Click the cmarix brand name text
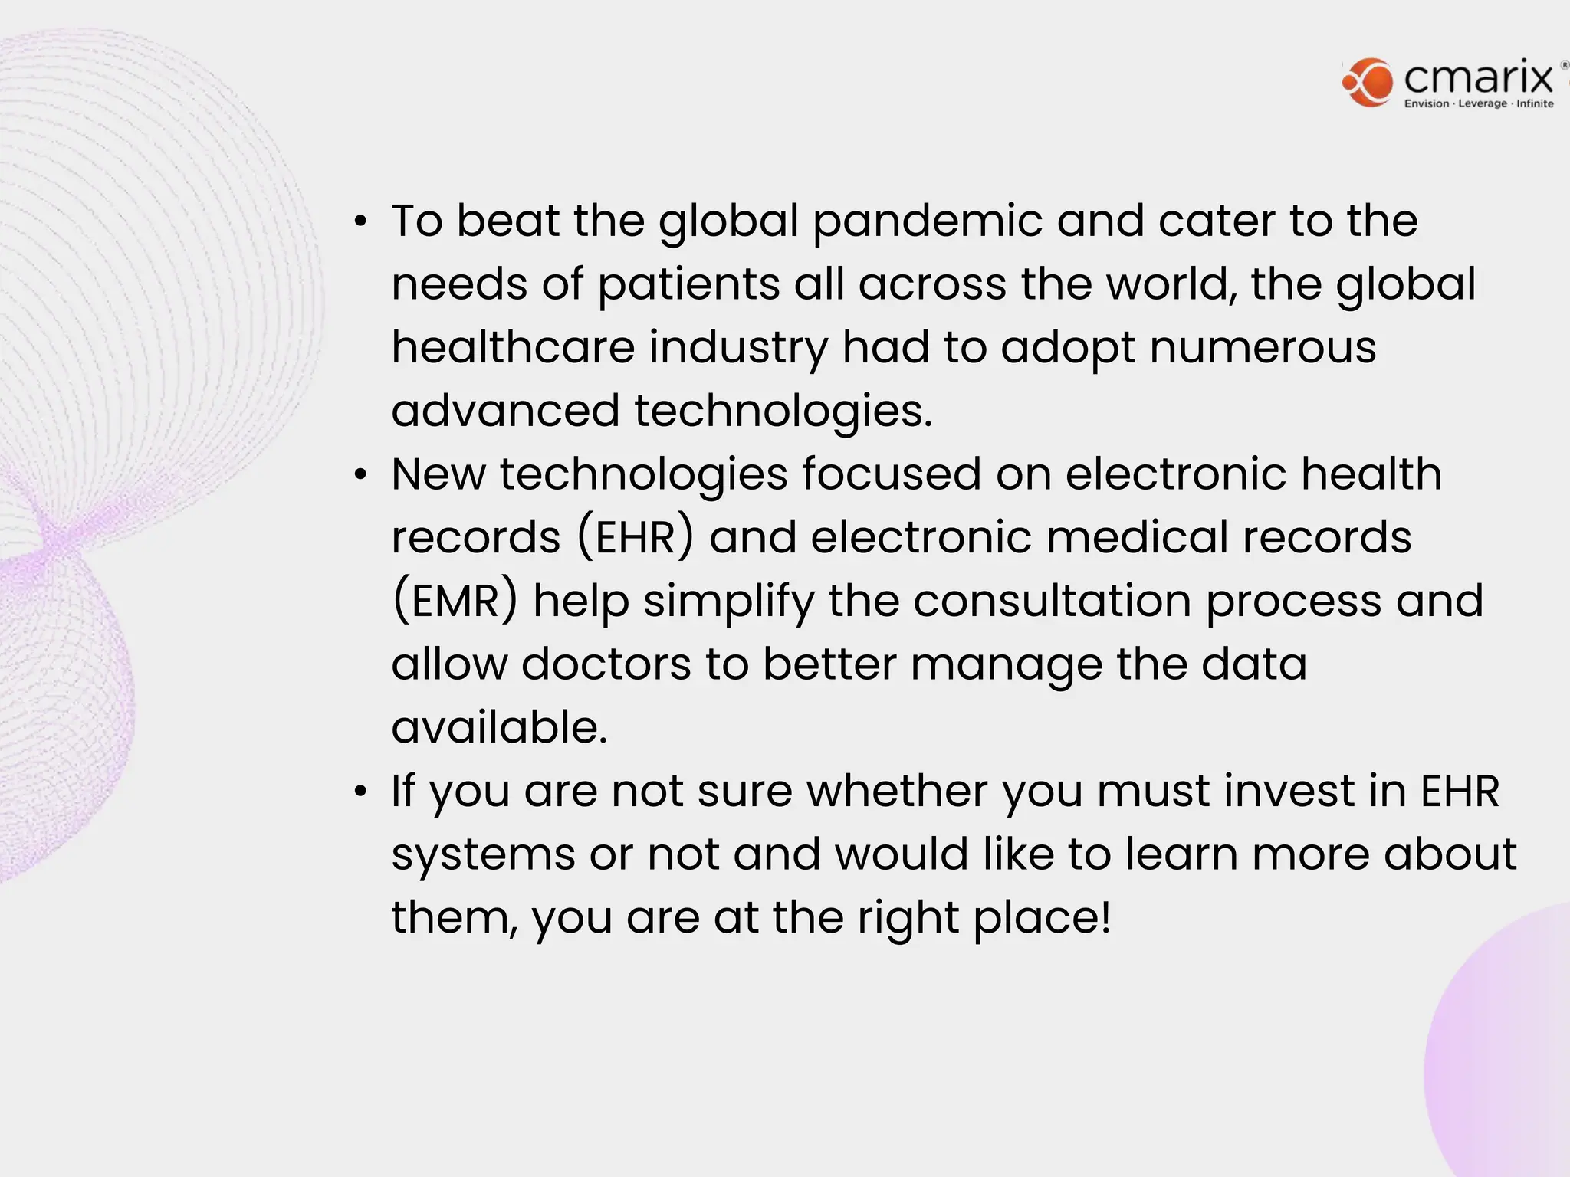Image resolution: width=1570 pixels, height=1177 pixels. [1479, 78]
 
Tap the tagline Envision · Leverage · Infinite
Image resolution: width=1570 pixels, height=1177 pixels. [1479, 104]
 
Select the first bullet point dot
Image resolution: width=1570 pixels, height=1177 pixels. [361, 222]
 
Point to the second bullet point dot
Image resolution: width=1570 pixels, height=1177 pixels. [361, 475]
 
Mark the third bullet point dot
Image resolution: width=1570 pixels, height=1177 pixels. [361, 792]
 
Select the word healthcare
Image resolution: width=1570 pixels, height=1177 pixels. [513, 348]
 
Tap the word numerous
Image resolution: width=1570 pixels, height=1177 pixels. [1263, 348]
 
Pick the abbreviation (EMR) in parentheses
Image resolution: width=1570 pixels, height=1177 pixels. [455, 601]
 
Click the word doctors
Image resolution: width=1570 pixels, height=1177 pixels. [606, 664]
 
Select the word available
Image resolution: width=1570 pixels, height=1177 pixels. [499, 727]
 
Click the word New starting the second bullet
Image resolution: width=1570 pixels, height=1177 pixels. [438, 474]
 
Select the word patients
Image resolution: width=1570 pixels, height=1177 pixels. [688, 285]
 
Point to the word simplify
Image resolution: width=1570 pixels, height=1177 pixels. [728, 602]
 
